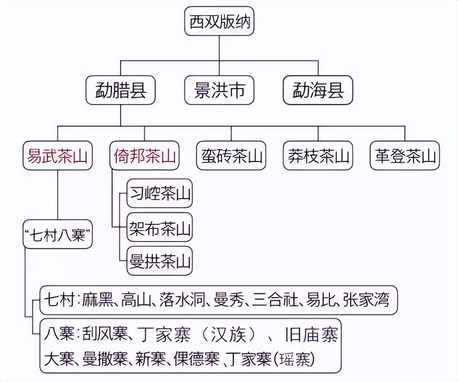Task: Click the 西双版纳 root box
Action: (x=220, y=22)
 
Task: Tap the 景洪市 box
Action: (x=220, y=90)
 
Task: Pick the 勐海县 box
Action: (x=318, y=90)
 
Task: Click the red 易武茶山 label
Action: (x=57, y=156)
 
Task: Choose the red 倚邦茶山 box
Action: (x=144, y=156)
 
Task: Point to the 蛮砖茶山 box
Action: (x=231, y=156)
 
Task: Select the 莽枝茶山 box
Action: (x=318, y=156)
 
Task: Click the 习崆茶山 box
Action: (x=160, y=194)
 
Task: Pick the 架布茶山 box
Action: (x=160, y=228)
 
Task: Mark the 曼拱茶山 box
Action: (x=160, y=261)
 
